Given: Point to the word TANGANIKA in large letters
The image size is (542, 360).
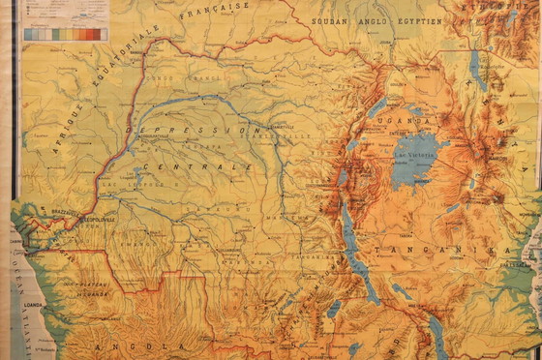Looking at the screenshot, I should point(465,251).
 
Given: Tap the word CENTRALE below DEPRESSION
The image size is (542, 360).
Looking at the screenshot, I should point(197,167).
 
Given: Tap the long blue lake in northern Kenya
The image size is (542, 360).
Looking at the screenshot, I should point(477,68).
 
